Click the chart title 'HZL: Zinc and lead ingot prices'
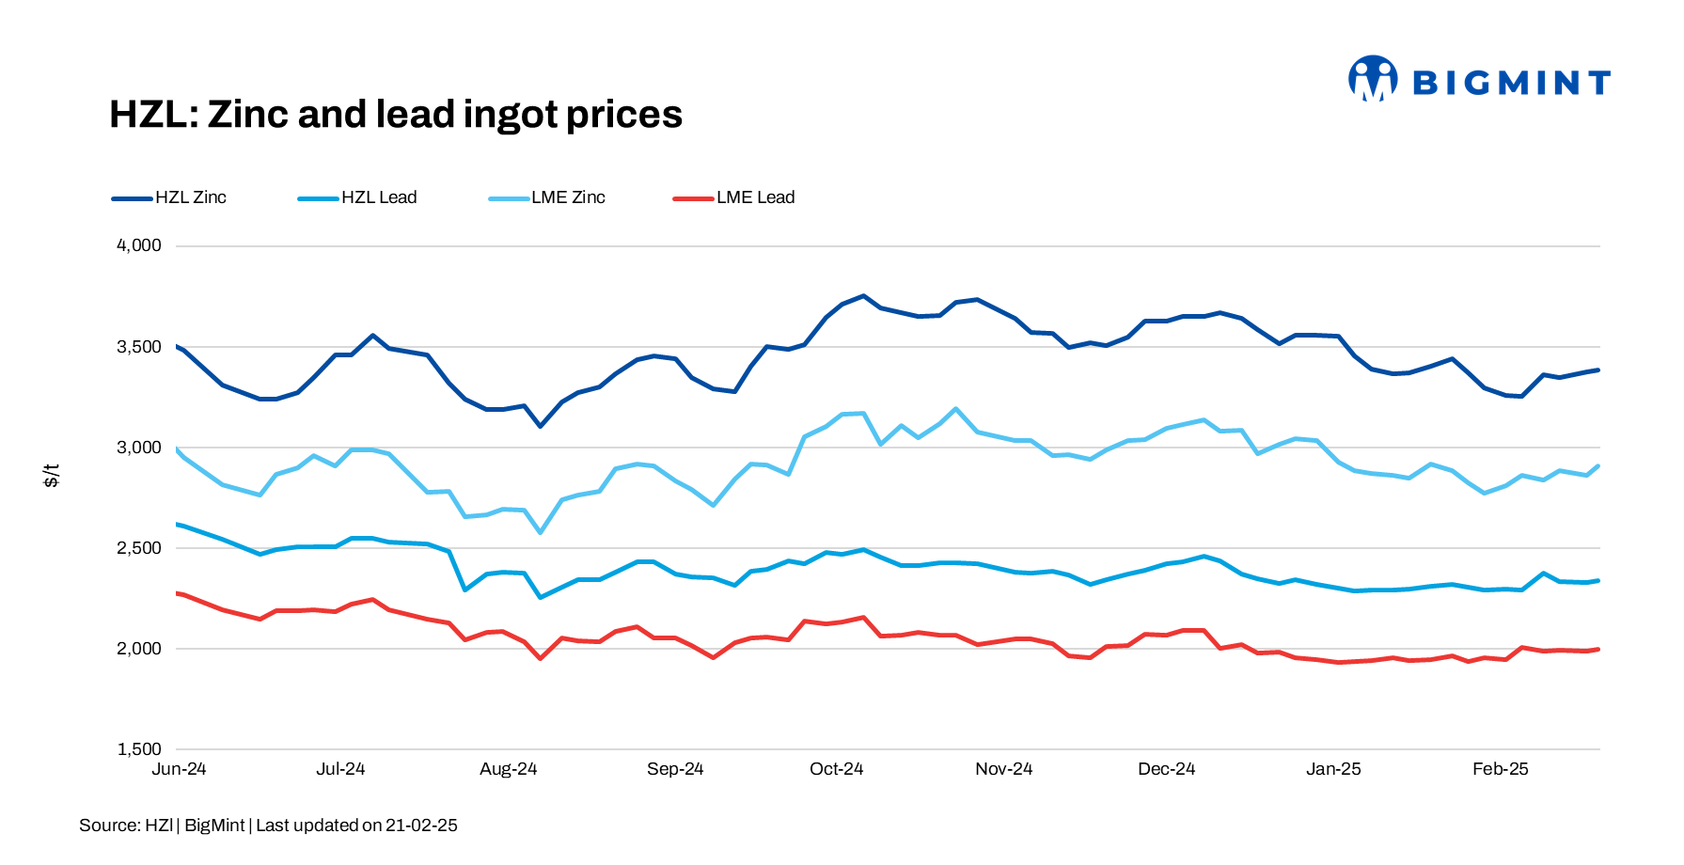[x=395, y=115]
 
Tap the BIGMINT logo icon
[x=1372, y=79]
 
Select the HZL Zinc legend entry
[x=170, y=197]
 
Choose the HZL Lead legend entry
[x=357, y=197]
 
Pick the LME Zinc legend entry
[x=547, y=197]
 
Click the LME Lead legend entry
[x=734, y=197]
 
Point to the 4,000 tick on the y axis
[x=139, y=245]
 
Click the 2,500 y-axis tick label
[x=139, y=548]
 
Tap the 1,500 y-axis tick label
[x=139, y=749]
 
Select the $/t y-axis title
[x=52, y=475]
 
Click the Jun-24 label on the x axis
[x=179, y=769]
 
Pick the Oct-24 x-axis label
[x=836, y=769]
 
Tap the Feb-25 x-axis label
[x=1500, y=769]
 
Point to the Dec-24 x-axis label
[x=1166, y=769]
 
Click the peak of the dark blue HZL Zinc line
[x=863, y=296]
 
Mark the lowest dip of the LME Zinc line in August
[x=541, y=532]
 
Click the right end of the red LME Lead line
[x=1597, y=650]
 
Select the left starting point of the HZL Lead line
[x=178, y=524]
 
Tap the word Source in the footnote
[x=108, y=826]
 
